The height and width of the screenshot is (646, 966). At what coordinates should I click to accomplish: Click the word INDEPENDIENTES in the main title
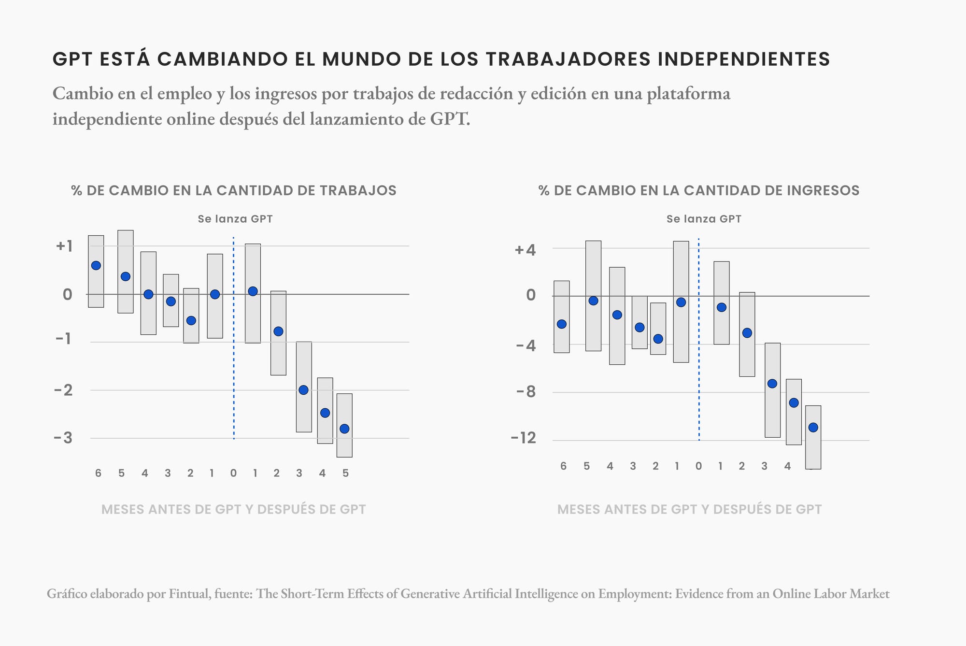coord(744,59)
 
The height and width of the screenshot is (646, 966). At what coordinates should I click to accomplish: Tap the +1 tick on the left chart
coord(64,246)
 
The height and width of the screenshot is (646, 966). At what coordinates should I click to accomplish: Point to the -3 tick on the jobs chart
coord(63,438)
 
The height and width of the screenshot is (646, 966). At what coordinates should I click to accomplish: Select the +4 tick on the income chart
coord(525,250)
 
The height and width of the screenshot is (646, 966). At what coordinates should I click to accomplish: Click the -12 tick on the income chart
coord(524,438)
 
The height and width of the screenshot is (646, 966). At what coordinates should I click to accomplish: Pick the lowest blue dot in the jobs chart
coord(344,429)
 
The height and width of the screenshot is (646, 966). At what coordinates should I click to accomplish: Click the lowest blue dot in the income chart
coord(813,427)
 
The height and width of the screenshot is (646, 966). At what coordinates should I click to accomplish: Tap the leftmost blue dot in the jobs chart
coord(96,265)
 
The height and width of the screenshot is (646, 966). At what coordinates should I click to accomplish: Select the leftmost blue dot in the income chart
coord(561,324)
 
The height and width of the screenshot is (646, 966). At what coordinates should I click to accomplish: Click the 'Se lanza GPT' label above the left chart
coord(235,219)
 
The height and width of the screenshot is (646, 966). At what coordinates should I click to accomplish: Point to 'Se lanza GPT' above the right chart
coord(704,219)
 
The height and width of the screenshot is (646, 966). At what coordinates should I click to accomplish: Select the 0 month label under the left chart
coord(233,473)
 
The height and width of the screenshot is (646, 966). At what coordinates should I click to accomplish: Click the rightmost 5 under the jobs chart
coord(345,473)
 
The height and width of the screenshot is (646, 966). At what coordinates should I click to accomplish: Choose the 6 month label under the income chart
coord(563,466)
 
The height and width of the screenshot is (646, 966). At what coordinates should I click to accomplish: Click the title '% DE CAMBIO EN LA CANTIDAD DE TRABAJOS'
coord(234,190)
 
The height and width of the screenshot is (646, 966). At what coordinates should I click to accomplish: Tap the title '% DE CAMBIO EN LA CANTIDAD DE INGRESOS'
coord(699,190)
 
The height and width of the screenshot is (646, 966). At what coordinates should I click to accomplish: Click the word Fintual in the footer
coord(189,593)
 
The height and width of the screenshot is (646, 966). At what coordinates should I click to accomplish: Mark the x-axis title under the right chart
coord(689,509)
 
